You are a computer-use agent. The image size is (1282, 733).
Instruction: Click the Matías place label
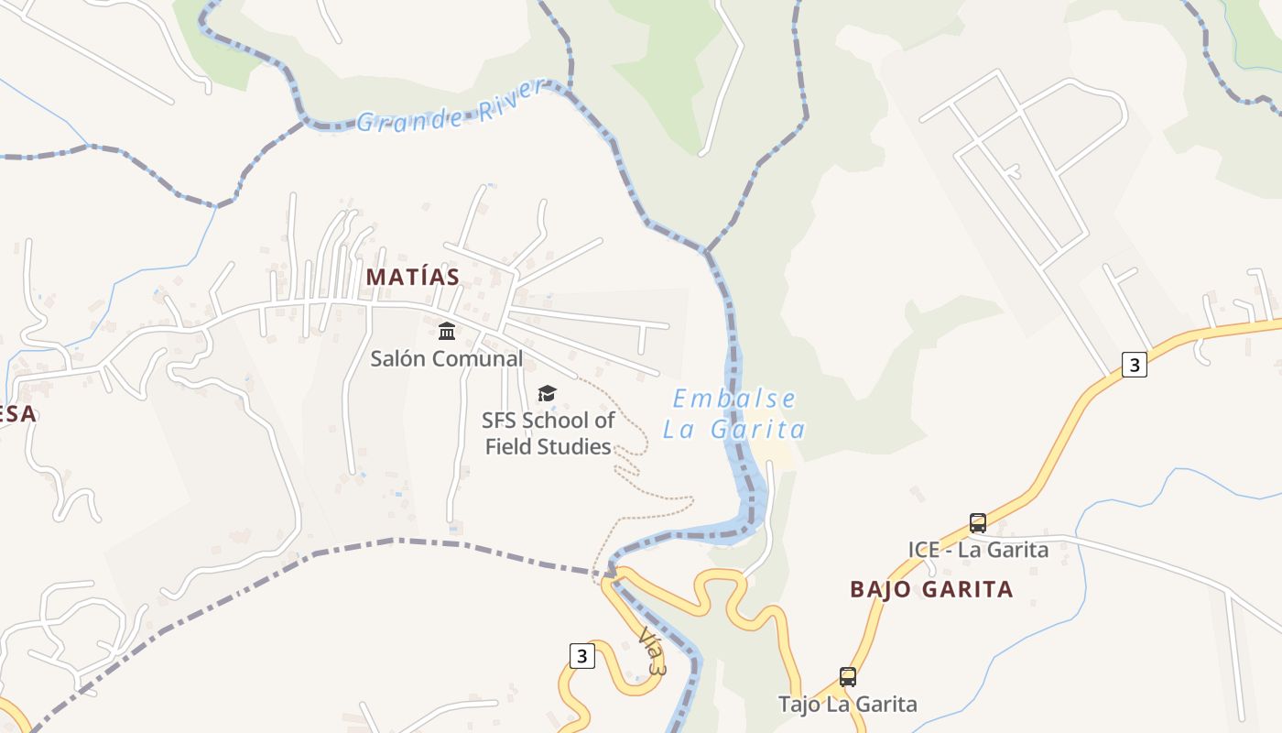point(412,277)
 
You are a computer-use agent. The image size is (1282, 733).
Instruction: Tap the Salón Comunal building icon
point(447,331)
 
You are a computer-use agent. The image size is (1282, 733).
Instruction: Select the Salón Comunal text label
point(447,358)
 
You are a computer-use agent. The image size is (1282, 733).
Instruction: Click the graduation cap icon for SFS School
point(547,393)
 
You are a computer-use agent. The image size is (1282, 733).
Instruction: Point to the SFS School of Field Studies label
point(549,433)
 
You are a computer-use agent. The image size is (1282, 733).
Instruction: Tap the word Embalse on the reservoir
point(734,399)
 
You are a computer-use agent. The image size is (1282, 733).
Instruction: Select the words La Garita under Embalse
point(734,429)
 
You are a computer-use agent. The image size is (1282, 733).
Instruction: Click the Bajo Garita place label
point(931,589)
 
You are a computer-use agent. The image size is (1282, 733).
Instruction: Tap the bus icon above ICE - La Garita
point(978,523)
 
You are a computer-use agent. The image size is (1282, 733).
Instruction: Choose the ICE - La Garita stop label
point(978,550)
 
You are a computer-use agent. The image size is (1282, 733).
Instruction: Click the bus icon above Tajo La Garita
point(848,677)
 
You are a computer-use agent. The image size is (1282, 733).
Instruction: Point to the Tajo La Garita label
point(847,704)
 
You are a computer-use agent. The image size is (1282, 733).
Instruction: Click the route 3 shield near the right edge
point(1135,364)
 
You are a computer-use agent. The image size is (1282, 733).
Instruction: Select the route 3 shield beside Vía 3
point(581,655)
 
